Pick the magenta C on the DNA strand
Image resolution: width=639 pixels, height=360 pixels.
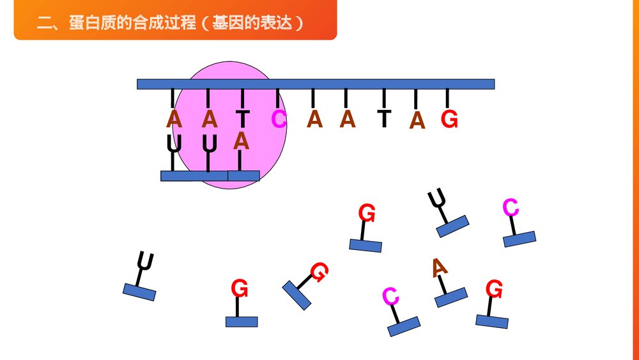click(x=279, y=119)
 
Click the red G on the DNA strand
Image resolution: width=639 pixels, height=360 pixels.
click(x=449, y=119)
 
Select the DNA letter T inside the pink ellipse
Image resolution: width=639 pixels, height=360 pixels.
click(x=242, y=119)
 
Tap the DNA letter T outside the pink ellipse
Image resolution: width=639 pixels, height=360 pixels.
click(x=383, y=119)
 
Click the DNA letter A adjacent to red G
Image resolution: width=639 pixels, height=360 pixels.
click(x=417, y=120)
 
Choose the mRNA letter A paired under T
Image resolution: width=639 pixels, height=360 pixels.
click(x=241, y=141)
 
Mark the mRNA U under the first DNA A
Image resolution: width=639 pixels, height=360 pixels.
click(x=173, y=143)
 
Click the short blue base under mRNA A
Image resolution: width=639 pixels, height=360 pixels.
click(x=243, y=175)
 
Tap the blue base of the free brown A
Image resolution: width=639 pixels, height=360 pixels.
click(x=451, y=297)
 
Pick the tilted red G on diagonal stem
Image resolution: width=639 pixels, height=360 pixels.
click(x=319, y=272)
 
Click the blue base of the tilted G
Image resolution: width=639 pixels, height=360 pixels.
click(x=296, y=295)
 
